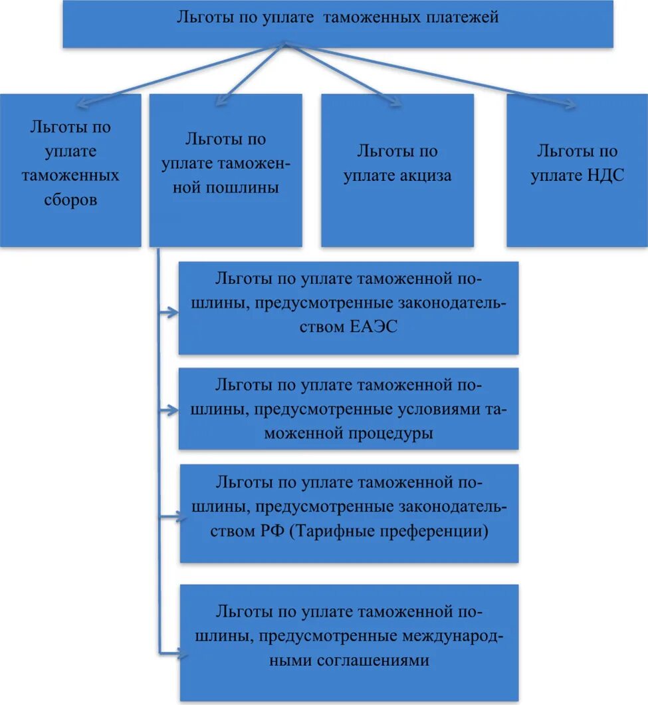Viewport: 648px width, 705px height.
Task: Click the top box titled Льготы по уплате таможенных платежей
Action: [x=338, y=24]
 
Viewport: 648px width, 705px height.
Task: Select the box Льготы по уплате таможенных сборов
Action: [x=70, y=171]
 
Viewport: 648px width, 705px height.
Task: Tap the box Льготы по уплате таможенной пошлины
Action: [x=225, y=171]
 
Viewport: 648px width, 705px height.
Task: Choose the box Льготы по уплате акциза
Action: [x=397, y=171]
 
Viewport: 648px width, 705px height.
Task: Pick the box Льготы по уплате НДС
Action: [x=577, y=171]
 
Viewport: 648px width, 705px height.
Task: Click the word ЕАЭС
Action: [x=373, y=327]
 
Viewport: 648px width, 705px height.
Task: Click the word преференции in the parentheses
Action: [x=437, y=532]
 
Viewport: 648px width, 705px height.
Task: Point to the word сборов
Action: [x=70, y=200]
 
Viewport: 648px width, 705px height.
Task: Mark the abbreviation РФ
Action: [x=273, y=532]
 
